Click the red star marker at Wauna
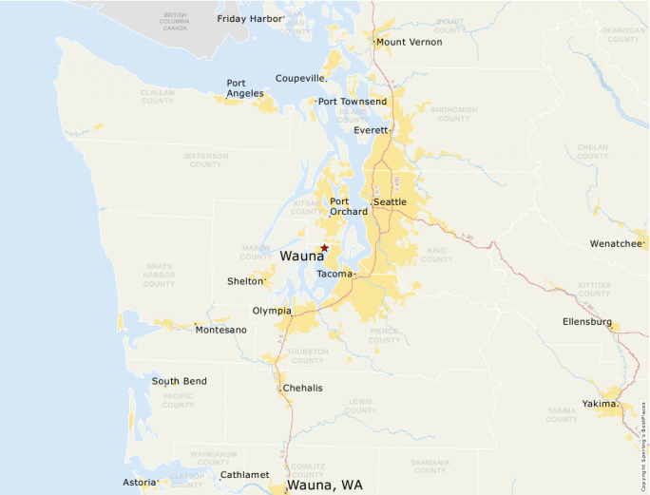324,247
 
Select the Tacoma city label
334,274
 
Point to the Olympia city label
272,311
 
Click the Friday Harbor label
251,18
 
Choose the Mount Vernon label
409,42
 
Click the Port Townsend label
353,102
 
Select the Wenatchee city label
616,243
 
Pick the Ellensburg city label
586,322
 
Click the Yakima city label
600,404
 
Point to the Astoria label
140,483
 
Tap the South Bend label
179,381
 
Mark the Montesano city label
220,330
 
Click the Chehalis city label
303,388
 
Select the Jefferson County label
205,160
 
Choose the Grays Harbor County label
159,276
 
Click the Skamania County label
430,466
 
